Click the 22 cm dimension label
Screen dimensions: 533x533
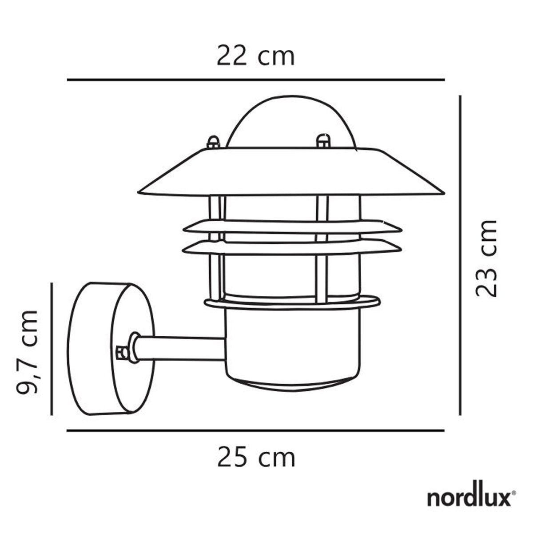click(x=255, y=57)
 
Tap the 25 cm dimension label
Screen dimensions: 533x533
click(x=256, y=457)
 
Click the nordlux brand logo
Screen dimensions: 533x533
click(x=469, y=498)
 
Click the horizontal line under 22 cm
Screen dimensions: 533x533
click(x=255, y=80)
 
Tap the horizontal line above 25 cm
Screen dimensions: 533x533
click(x=255, y=430)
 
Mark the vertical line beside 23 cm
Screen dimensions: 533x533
click(x=460, y=255)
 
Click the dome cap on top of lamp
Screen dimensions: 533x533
click(x=291, y=122)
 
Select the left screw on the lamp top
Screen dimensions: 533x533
click(x=213, y=142)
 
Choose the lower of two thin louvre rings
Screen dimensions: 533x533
click(x=292, y=247)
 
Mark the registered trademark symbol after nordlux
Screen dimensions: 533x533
click(x=514, y=493)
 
